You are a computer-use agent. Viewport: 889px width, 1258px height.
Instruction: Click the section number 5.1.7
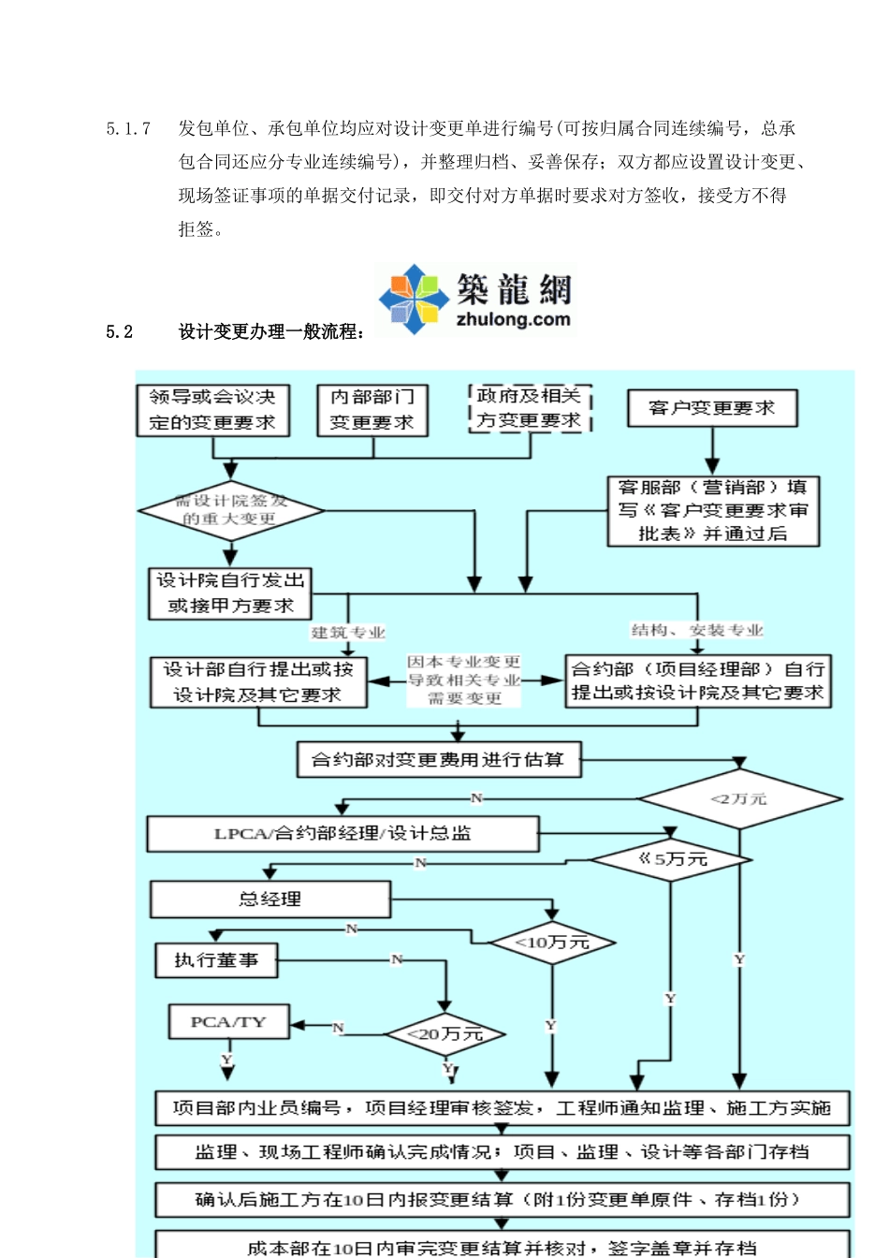coord(128,128)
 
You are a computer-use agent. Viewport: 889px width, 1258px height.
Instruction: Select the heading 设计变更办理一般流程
coord(271,331)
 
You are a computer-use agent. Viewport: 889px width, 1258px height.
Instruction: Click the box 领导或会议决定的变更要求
coord(212,410)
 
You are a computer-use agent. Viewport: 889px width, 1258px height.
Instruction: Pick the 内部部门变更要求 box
coord(372,410)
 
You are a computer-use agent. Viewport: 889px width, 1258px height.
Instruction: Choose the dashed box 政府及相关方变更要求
coord(530,408)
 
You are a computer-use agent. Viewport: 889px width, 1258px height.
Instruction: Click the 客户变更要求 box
coord(711,408)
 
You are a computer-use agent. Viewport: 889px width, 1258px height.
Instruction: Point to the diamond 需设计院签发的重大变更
coord(230,510)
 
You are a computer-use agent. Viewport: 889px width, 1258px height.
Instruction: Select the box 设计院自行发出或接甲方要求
coord(230,593)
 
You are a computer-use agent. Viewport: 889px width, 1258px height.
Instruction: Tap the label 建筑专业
coord(348,633)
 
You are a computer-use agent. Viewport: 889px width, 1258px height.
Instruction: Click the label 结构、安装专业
coord(697,630)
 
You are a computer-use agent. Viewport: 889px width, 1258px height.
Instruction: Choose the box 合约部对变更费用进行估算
coord(438,760)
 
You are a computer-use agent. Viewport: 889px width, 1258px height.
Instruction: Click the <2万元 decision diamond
coord(739,798)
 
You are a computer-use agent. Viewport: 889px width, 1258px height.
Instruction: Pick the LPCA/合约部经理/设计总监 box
coord(342,833)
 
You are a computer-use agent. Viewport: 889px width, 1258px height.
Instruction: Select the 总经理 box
coord(270,899)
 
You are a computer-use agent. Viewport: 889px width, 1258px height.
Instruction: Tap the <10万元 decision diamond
coord(552,943)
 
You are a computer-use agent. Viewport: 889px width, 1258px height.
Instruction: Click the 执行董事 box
coord(216,960)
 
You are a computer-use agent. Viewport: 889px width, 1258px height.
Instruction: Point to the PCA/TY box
coord(228,1022)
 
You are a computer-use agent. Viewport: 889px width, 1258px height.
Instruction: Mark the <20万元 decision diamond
coord(445,1034)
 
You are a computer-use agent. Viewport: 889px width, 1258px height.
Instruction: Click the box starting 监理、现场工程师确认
coord(502,1152)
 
